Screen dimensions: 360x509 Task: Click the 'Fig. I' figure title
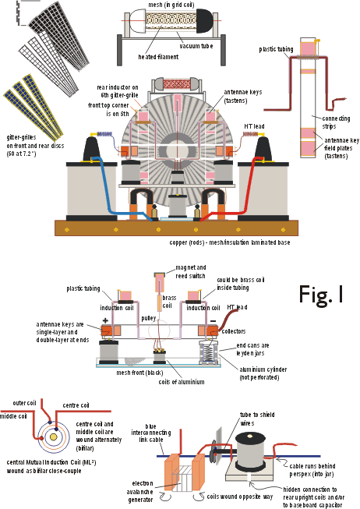pos(321,295)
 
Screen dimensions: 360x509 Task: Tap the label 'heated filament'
pos(158,57)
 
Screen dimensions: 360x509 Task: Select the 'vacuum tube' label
pos(196,46)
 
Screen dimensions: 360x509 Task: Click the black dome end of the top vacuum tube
pos(204,20)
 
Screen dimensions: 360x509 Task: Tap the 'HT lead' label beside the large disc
pos(254,126)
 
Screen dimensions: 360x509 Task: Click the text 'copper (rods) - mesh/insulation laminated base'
pos(230,242)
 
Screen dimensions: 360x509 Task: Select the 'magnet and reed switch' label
pos(191,272)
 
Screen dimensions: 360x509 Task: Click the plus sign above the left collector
pos(105,320)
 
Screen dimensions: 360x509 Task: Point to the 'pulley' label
pos(149,318)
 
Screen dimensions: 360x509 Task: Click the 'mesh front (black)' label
pos(140,373)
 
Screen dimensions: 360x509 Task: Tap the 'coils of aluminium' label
pos(182,382)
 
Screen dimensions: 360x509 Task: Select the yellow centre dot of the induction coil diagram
pos(54,437)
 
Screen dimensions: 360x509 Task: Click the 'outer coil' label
pos(24,403)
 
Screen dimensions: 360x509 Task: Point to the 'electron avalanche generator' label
pos(140,492)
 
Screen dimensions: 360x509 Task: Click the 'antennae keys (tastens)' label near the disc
pos(243,97)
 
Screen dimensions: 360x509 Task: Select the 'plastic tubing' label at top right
pos(276,49)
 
